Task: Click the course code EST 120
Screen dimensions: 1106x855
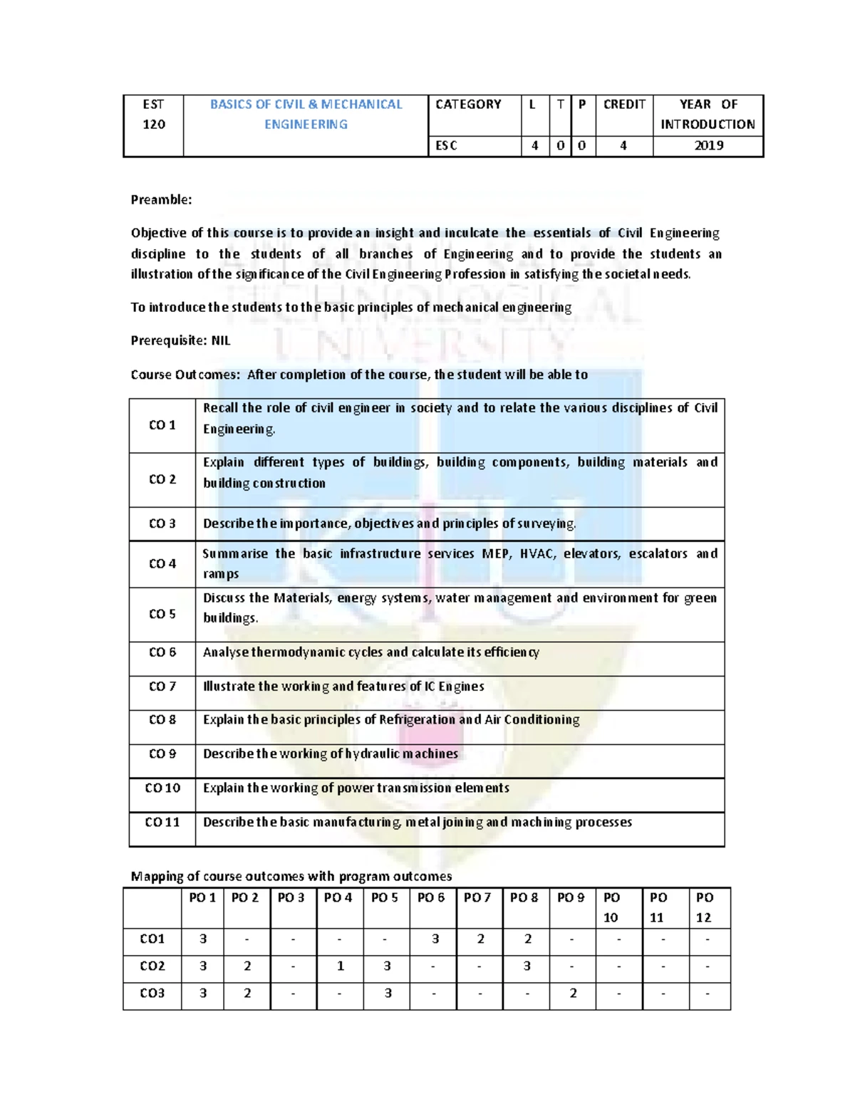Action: [x=153, y=114]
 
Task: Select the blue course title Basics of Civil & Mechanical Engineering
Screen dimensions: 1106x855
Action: [x=306, y=114]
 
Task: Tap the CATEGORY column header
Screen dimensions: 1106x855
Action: [x=468, y=104]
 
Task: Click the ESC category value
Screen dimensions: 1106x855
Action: [x=446, y=145]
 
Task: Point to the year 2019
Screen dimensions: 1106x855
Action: [x=708, y=145]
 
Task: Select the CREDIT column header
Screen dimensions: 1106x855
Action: [x=624, y=104]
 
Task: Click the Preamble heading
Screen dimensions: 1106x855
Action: [x=161, y=199]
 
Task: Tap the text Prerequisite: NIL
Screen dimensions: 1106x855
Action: [x=180, y=340]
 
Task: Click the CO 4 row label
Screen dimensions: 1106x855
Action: [x=162, y=563]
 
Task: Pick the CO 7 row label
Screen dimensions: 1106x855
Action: [x=162, y=686]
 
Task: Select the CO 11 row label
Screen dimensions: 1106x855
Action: [x=162, y=822]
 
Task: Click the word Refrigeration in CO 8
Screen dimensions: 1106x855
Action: [x=417, y=719]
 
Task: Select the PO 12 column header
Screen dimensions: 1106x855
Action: [x=704, y=907]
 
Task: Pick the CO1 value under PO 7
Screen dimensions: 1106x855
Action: [x=480, y=939]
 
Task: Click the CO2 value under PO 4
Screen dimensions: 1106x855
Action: [x=340, y=966]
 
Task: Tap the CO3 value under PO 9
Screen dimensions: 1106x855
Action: [x=573, y=993]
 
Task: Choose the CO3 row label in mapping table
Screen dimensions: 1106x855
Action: [x=152, y=993]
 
